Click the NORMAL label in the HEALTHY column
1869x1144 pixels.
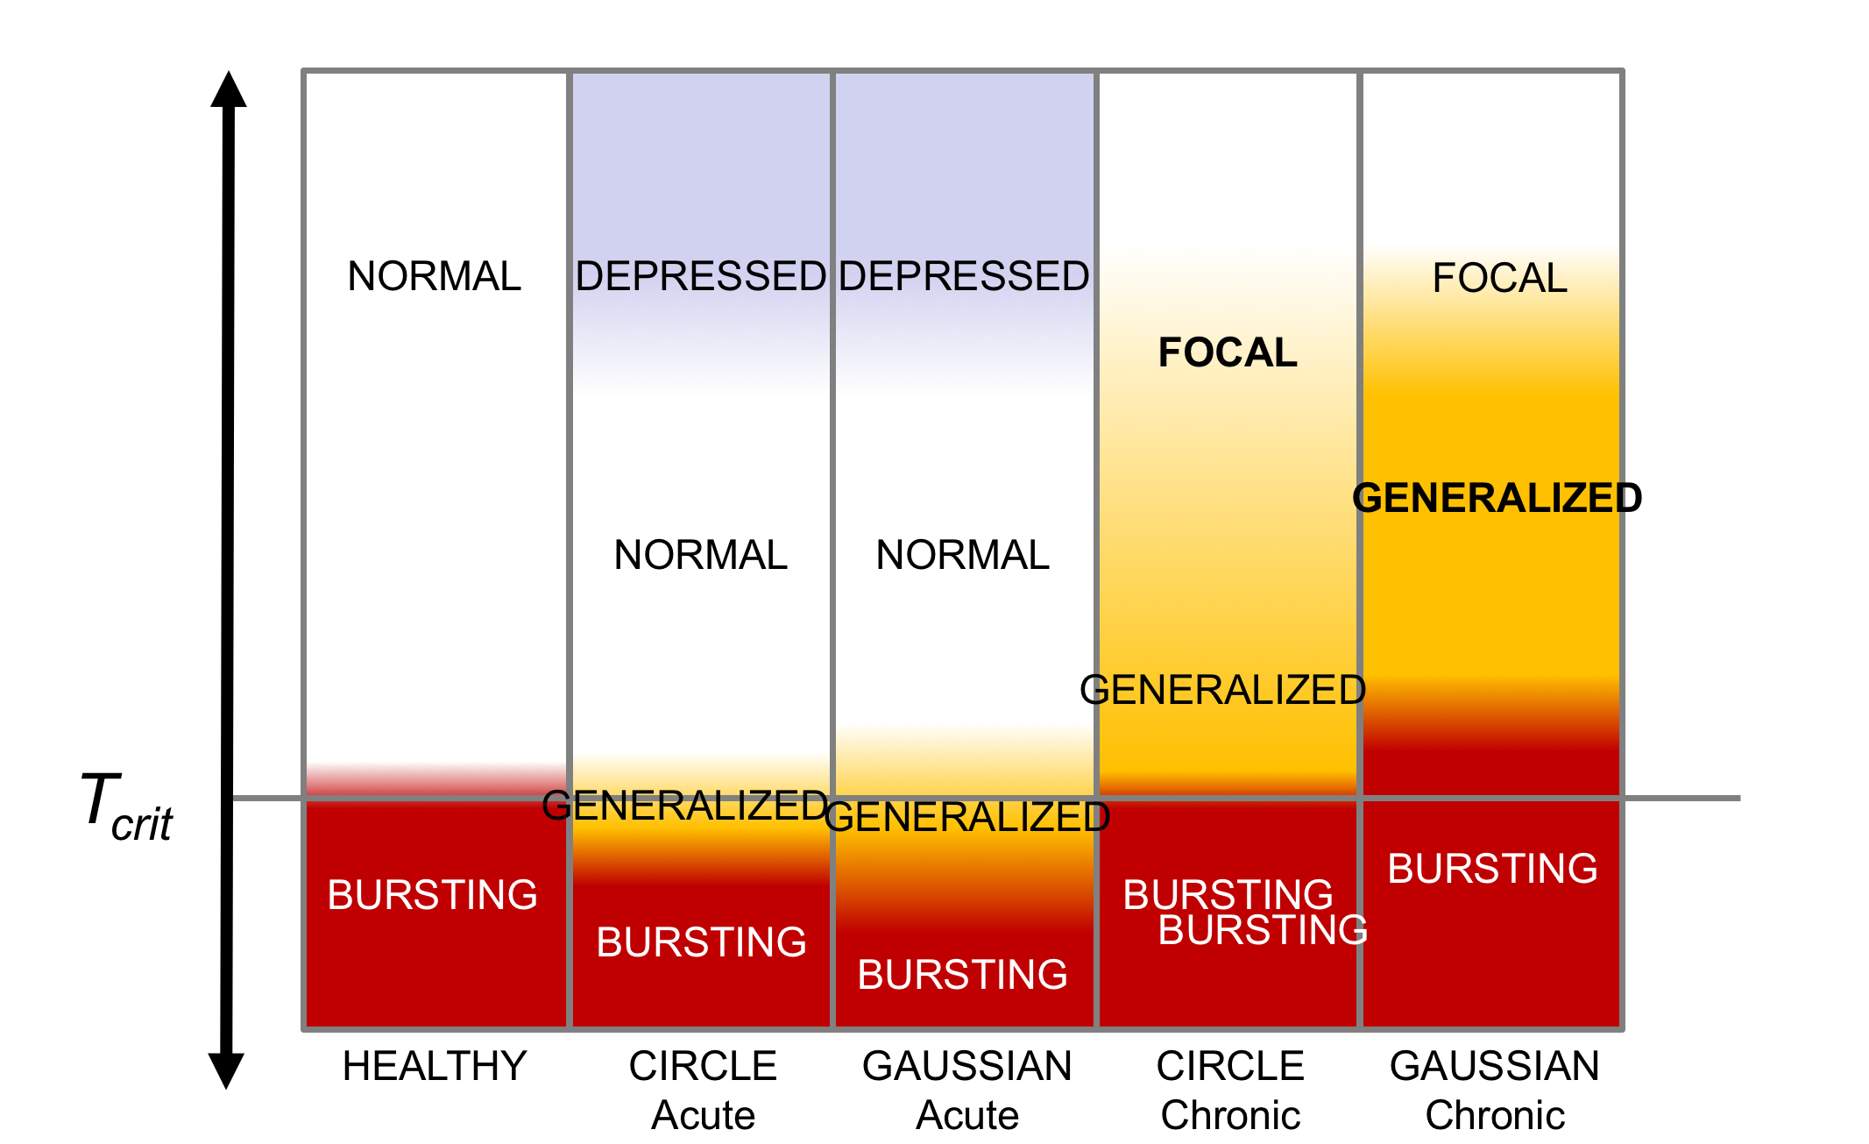[434, 276]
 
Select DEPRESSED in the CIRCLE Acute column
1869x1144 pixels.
[700, 276]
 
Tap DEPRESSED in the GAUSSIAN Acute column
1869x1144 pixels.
[964, 276]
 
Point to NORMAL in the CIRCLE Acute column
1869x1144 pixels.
[700, 555]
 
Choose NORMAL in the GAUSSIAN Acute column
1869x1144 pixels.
[962, 555]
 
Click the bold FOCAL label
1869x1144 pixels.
[1227, 352]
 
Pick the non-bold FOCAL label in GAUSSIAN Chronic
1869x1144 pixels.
[1499, 278]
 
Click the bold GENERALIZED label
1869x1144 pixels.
[1497, 498]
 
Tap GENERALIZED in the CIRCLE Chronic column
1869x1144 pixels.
[1222, 690]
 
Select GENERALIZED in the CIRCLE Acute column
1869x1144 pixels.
[684, 806]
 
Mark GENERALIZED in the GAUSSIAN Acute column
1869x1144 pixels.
[966, 817]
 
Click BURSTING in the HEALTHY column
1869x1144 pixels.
[432, 895]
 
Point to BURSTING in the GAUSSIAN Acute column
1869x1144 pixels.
[962, 975]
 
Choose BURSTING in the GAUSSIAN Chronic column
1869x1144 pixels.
[1492, 869]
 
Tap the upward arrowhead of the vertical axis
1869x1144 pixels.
[229, 89]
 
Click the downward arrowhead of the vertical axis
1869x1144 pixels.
[226, 1069]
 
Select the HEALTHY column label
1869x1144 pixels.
[434, 1066]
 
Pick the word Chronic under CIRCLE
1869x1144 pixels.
[1230, 1115]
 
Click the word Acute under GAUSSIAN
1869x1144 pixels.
[967, 1115]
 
